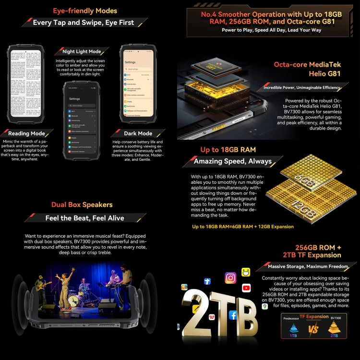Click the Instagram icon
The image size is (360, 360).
tap(230, 278)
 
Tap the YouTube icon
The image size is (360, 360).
tap(246, 288)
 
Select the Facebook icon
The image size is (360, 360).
tap(233, 315)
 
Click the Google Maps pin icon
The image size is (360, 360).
tap(265, 306)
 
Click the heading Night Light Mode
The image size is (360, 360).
tap(82, 51)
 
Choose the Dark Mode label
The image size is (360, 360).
tap(138, 133)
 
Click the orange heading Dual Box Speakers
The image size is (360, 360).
tap(82, 205)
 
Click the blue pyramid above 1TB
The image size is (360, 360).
tap(293, 329)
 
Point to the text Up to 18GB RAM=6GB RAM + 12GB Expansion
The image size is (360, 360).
tap(243, 226)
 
